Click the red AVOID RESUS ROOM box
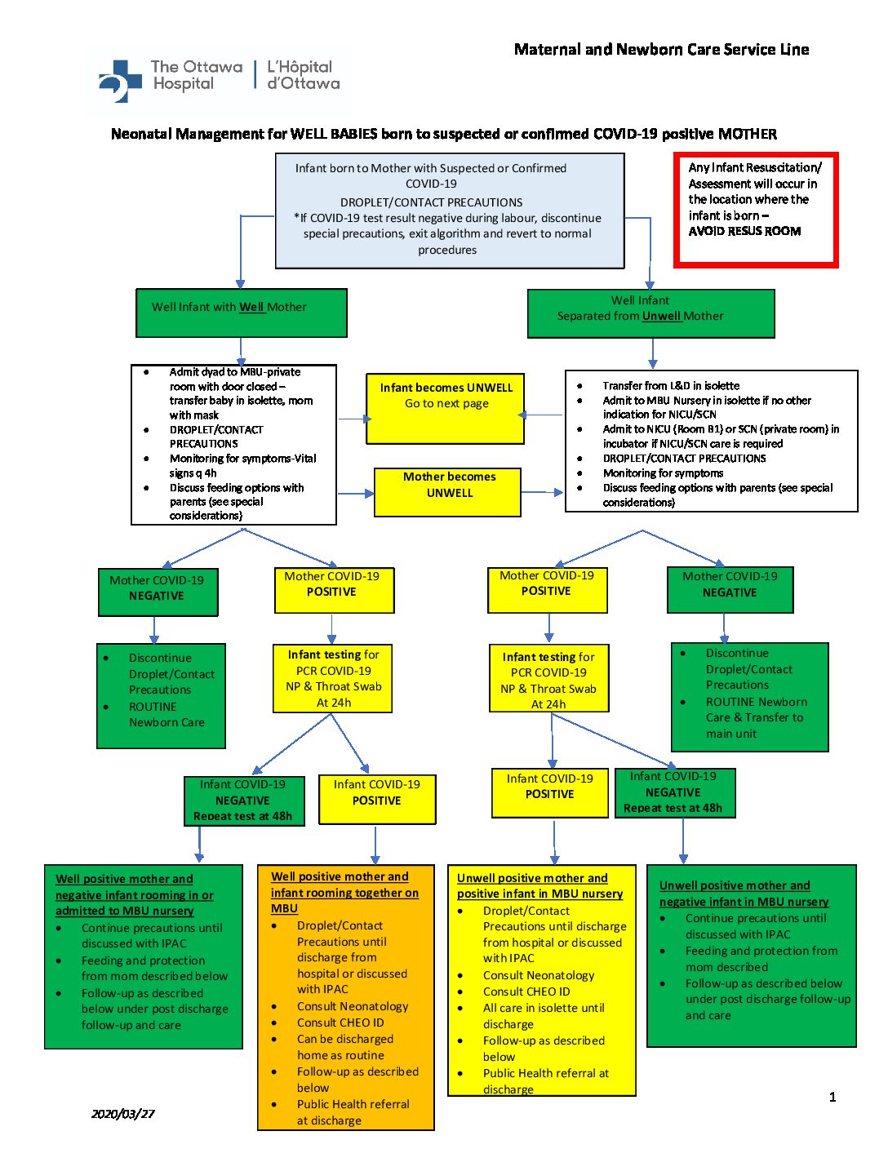(x=756, y=210)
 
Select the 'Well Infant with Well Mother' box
(x=242, y=313)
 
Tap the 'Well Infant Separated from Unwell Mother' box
(x=650, y=313)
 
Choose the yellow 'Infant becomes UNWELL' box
(x=446, y=408)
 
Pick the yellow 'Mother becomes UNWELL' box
(x=448, y=491)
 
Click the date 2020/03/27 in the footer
(x=122, y=1113)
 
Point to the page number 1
(x=832, y=1097)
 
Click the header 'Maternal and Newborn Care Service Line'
(x=661, y=50)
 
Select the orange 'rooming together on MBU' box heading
(x=344, y=892)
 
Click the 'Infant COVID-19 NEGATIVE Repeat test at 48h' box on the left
(x=243, y=801)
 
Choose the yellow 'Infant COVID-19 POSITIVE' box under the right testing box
(x=550, y=792)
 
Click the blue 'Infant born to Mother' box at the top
(x=450, y=211)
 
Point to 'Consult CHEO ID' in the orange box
(x=340, y=1023)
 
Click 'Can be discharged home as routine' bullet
(x=344, y=1047)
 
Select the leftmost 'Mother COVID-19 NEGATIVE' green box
(x=158, y=592)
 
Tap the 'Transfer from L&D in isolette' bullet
(x=670, y=385)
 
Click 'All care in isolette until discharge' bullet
(x=543, y=1016)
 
